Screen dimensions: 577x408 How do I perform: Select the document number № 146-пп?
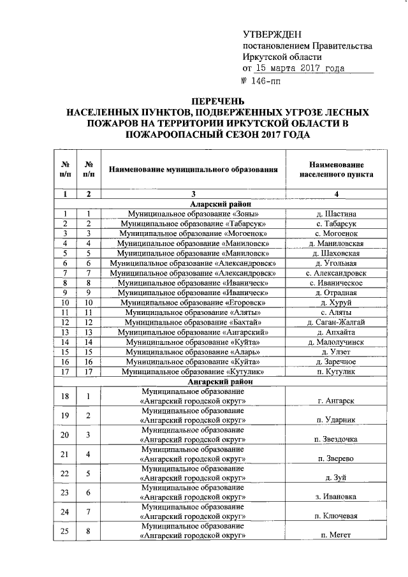[x=262, y=81]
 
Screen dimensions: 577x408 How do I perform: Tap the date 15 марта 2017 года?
[x=300, y=68]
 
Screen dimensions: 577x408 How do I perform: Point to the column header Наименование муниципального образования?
[x=194, y=170]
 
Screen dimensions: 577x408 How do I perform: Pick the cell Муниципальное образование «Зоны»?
[x=194, y=214]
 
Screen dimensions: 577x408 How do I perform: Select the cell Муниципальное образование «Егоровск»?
[x=194, y=302]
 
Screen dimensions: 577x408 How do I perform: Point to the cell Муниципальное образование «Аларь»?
[x=194, y=352]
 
